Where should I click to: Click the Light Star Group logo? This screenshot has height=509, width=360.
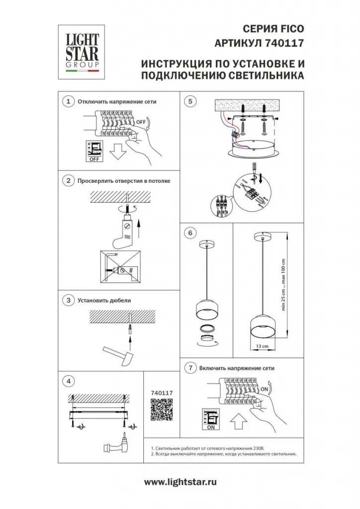click(x=81, y=52)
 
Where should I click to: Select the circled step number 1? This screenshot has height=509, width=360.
click(x=68, y=101)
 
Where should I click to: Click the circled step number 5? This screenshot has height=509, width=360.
click(x=190, y=101)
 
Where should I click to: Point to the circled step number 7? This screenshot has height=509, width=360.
click(x=190, y=368)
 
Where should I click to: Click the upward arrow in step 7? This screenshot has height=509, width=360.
click(x=239, y=422)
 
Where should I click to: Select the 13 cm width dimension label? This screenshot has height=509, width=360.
click(x=262, y=346)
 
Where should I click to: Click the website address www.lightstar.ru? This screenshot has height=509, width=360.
click(x=180, y=482)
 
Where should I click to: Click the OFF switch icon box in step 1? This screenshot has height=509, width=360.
click(x=94, y=151)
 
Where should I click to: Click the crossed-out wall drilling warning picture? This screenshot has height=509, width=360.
click(x=120, y=266)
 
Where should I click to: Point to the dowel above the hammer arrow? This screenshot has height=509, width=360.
click(x=130, y=328)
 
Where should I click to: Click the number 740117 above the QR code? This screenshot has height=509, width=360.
click(x=162, y=393)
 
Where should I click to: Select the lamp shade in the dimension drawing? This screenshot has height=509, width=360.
click(x=262, y=326)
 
